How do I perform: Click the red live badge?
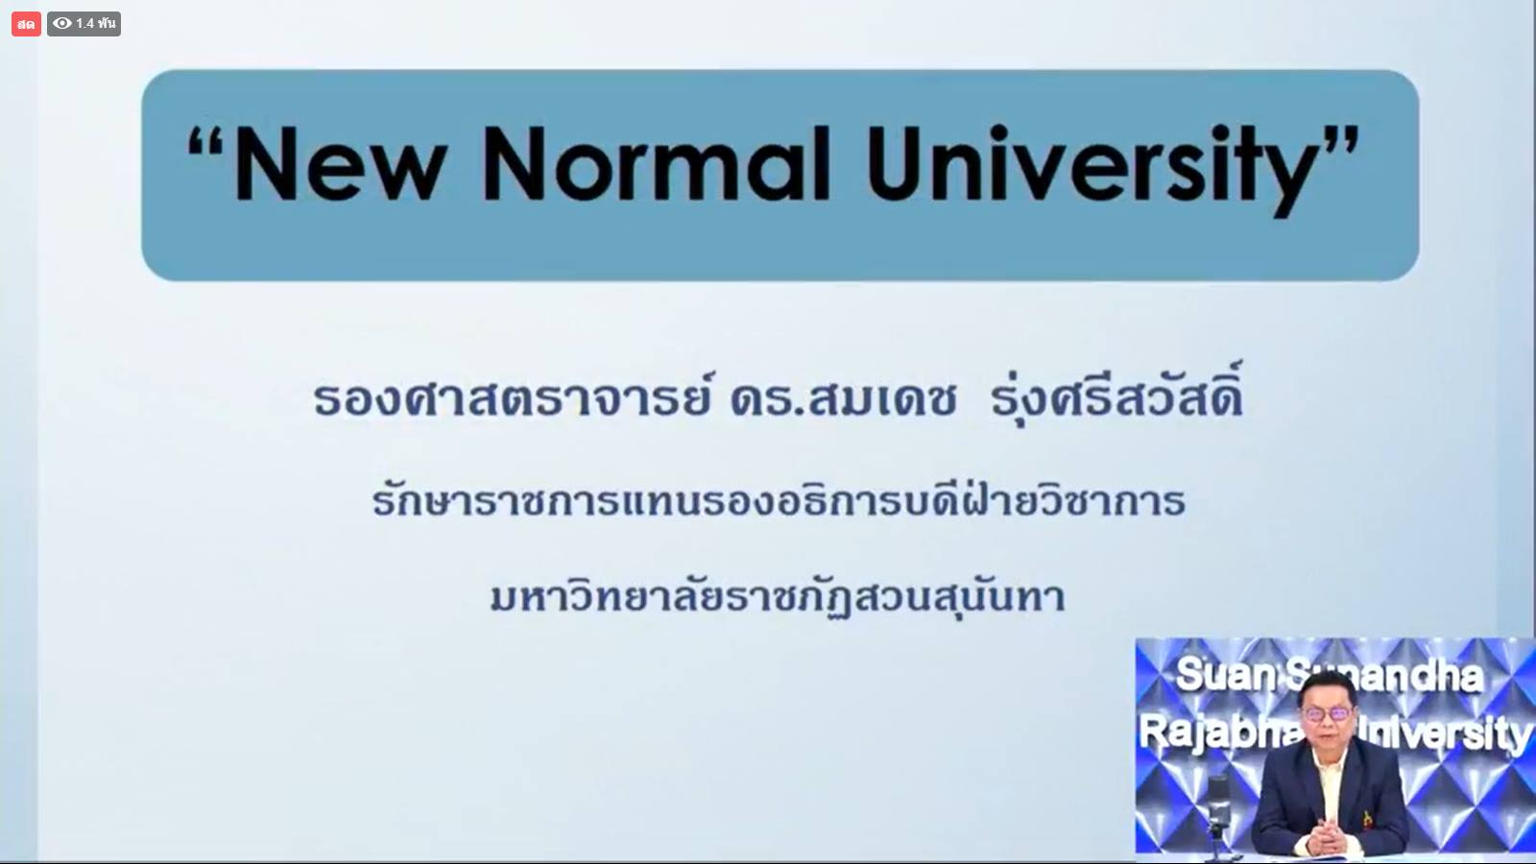point(26,24)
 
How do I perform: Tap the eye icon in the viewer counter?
point(62,23)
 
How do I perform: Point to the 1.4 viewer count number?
point(85,24)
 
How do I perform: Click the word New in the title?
point(341,164)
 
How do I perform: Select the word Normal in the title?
point(657,164)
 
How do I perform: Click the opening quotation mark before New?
point(205,145)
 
